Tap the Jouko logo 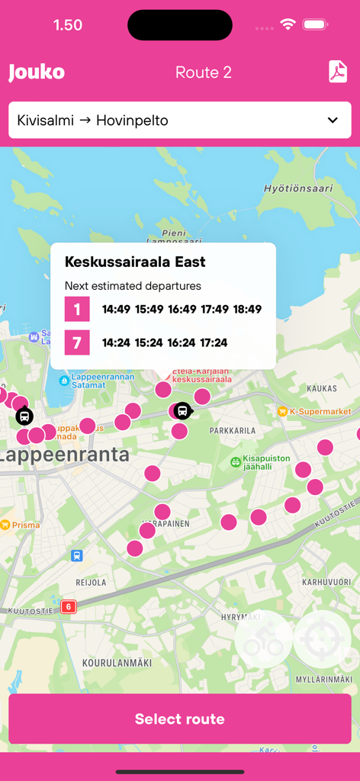pos(37,72)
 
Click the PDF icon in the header pos(337,72)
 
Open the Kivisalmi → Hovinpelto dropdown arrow pos(333,121)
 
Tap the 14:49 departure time pos(117,309)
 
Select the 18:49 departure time pos(247,309)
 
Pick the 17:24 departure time pos(214,342)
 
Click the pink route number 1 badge pos(77,309)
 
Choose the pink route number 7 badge pos(77,342)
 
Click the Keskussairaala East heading pos(135,262)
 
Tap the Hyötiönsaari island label pos(298,188)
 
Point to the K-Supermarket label pos(320,412)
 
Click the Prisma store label pos(26,525)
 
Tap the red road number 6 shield pos(69,607)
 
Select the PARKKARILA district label pos(233,430)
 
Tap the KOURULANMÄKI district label pos(117,663)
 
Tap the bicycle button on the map pos(263,639)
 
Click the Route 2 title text pos(204,72)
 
